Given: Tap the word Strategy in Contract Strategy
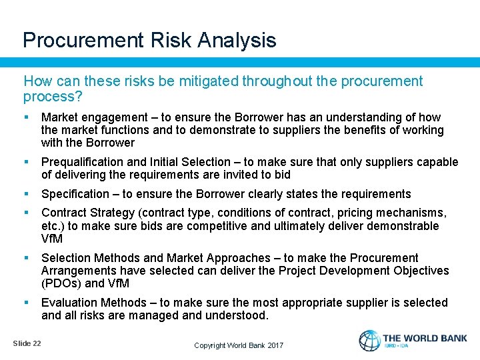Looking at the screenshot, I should click(x=111, y=213).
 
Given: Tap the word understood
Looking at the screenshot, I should click(x=236, y=315).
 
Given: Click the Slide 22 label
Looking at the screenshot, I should click(x=27, y=343).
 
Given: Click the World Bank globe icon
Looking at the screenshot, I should click(x=369, y=341).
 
